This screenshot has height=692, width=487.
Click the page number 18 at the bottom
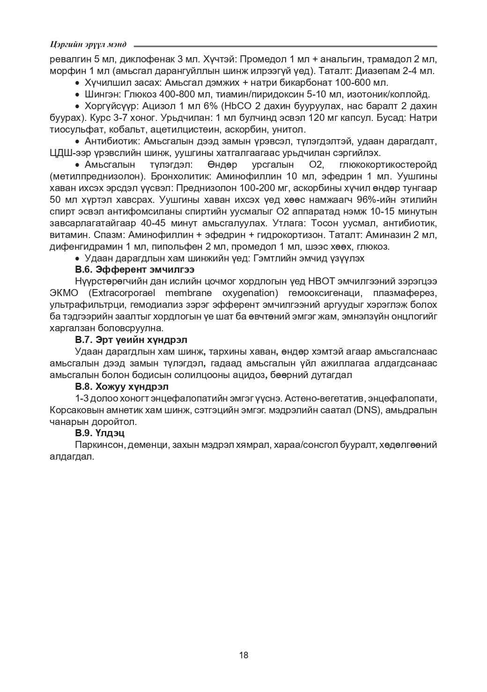pyautogui.click(x=243, y=655)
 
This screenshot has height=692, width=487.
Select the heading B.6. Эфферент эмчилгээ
pyautogui.click(x=135, y=270)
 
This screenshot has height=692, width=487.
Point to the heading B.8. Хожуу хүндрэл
pyautogui.click(x=122, y=387)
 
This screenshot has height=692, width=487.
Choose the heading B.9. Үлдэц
pyautogui.click(x=100, y=433)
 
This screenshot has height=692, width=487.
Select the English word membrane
pyautogui.click(x=182, y=293)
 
